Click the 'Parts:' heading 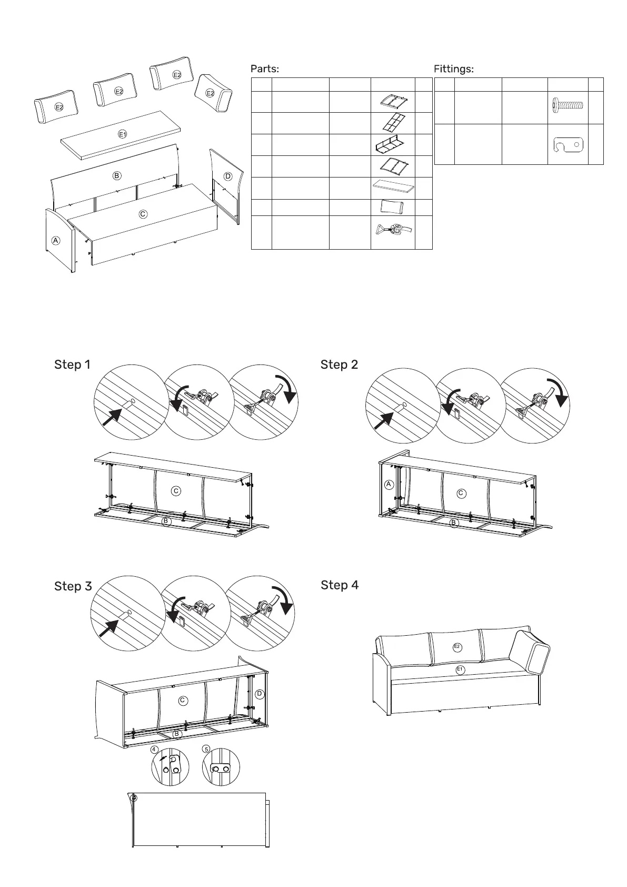264,69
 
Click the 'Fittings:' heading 453,69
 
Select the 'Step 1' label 72,364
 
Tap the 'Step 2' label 339,364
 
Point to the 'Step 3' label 73,586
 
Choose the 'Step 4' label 340,585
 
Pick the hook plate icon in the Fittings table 569,144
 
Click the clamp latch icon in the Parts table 393,230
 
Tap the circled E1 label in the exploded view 122,134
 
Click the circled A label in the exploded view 55,240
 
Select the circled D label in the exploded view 228,176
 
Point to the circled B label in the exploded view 117,175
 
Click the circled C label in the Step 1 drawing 176,491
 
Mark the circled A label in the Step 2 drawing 389,485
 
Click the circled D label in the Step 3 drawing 260,694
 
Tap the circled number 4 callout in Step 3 154,749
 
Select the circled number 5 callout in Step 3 206,749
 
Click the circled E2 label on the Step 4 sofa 457,646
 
